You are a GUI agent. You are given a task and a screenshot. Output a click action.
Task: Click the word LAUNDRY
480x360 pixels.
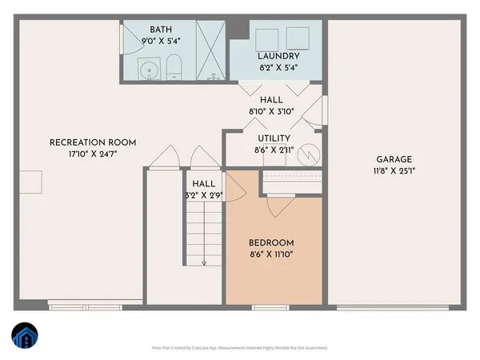[x=279, y=56]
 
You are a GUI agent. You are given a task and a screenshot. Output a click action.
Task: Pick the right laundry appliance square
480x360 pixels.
[x=298, y=37]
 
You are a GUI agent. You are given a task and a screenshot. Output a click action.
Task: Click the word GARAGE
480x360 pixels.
[x=394, y=159]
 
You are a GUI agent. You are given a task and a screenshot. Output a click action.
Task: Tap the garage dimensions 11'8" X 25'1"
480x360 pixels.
[x=394, y=170]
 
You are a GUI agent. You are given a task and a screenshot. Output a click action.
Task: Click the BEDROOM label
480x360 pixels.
[x=271, y=243]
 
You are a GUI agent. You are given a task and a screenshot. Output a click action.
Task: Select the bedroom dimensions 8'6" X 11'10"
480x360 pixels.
[x=271, y=254]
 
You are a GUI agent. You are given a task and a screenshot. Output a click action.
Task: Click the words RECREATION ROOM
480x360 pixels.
[x=93, y=142]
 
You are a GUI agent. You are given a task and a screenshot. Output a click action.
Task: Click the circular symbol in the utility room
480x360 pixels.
[x=309, y=154]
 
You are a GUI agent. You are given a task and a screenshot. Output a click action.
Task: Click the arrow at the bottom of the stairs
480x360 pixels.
[x=205, y=262]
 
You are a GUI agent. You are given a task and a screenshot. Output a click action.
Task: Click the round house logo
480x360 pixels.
[x=24, y=338]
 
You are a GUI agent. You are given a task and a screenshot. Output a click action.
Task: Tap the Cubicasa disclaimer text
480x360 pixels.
[x=240, y=348]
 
